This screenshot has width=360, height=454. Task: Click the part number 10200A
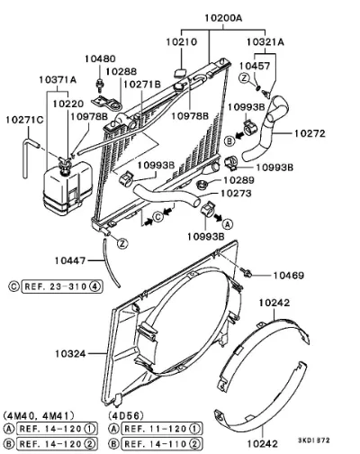(x=223, y=18)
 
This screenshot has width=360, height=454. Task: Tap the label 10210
(x=182, y=41)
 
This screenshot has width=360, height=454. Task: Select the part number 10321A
(x=265, y=41)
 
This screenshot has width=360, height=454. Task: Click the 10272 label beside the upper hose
(x=310, y=133)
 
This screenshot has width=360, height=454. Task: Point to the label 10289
(x=239, y=180)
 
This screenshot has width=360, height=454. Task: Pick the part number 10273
(x=236, y=194)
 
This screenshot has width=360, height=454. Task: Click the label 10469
(x=289, y=275)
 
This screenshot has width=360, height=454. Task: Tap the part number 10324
(x=70, y=354)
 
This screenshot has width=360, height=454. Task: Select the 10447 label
(x=70, y=260)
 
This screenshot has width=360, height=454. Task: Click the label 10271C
(x=24, y=120)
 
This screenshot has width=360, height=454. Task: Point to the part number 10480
(x=100, y=59)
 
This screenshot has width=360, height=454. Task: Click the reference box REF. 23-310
(x=62, y=286)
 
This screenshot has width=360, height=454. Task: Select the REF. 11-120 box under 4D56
(x=162, y=429)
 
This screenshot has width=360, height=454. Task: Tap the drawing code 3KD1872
(x=314, y=440)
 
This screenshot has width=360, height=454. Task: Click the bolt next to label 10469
(x=247, y=273)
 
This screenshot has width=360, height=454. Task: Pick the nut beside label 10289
(x=201, y=184)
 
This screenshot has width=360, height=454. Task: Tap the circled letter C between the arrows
(x=158, y=216)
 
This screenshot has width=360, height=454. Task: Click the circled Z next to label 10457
(x=245, y=78)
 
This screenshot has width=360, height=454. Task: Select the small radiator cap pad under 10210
(x=180, y=73)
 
